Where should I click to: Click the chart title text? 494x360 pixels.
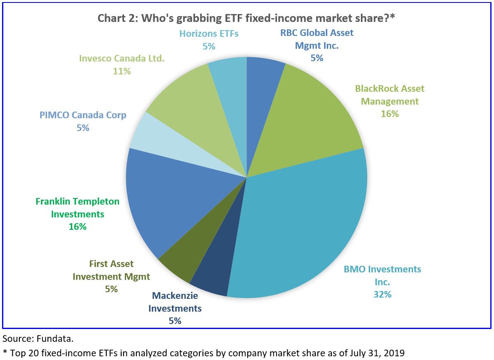(x=247, y=19)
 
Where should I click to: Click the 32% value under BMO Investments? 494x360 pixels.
(x=382, y=294)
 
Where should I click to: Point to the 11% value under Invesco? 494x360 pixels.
(x=122, y=71)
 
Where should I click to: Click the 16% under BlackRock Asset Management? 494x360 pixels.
(x=389, y=114)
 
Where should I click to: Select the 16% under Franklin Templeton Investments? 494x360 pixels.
(x=77, y=226)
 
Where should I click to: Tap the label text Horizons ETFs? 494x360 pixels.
(x=209, y=34)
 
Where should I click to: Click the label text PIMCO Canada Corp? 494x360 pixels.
(x=83, y=115)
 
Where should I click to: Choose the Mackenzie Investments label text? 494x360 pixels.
(x=175, y=302)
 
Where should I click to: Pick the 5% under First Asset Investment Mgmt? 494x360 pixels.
(x=111, y=289)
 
